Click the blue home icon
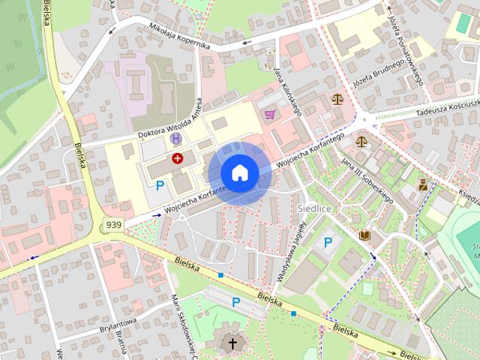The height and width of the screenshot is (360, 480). (x=239, y=172)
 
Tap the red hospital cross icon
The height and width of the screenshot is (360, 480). (x=178, y=157)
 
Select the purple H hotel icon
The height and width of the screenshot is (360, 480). (x=175, y=138)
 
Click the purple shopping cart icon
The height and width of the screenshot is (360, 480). (x=269, y=115)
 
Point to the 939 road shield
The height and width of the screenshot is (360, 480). (x=114, y=224)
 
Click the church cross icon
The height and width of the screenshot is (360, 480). (x=232, y=344)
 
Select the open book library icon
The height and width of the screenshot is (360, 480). (x=364, y=236)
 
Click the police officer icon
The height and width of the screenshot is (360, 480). (x=423, y=184)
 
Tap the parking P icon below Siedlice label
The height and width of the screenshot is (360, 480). (x=328, y=241)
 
